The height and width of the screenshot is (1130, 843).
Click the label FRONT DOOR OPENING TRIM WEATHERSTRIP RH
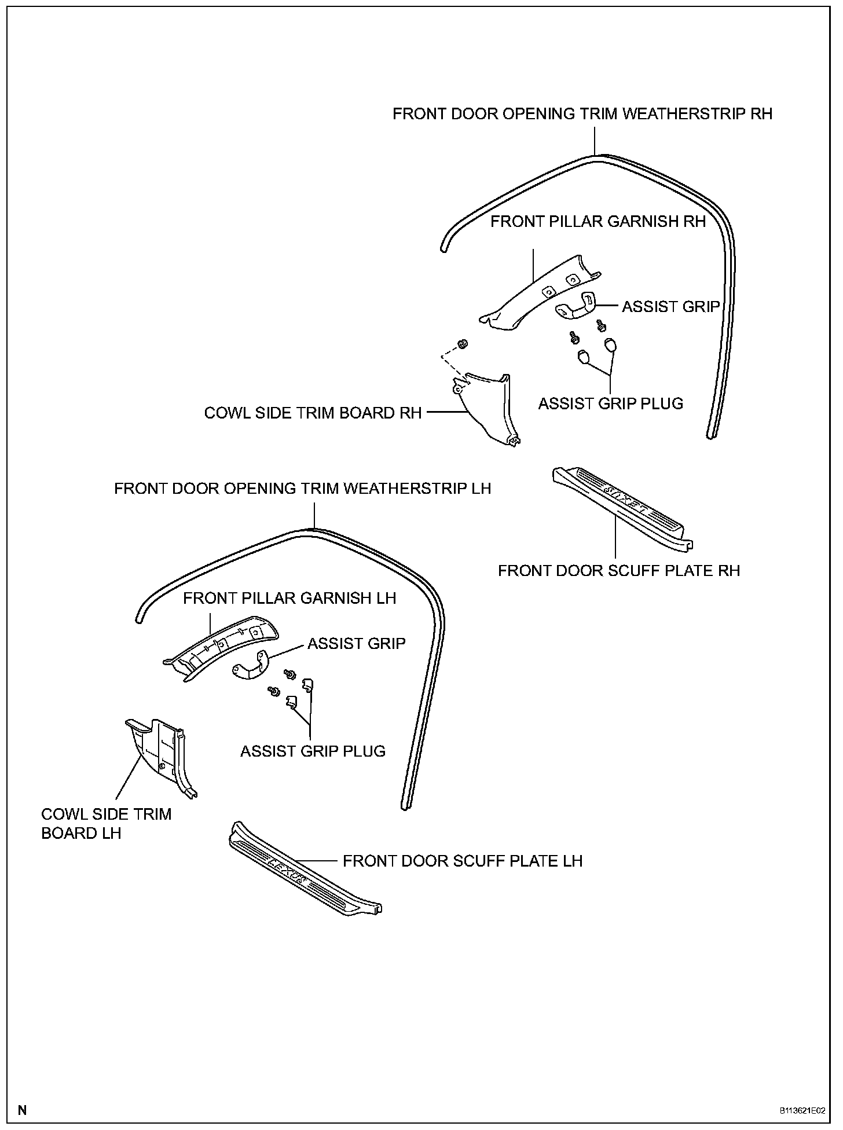[582, 113]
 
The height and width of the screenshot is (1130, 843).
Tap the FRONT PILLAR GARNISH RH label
[598, 222]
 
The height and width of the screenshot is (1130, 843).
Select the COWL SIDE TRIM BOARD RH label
[313, 413]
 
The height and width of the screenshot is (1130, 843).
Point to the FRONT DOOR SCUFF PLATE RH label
[619, 571]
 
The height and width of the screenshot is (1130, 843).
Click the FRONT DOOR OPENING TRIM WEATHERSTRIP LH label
[302, 489]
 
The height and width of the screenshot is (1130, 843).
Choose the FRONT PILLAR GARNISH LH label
[289, 598]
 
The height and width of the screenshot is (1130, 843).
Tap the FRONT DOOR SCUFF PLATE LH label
[462, 861]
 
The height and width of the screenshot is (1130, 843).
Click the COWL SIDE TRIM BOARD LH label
[107, 823]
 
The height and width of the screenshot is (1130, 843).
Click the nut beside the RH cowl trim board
[463, 344]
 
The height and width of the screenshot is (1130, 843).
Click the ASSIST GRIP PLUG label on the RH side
[611, 403]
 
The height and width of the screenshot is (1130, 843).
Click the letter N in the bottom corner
[23, 1110]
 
